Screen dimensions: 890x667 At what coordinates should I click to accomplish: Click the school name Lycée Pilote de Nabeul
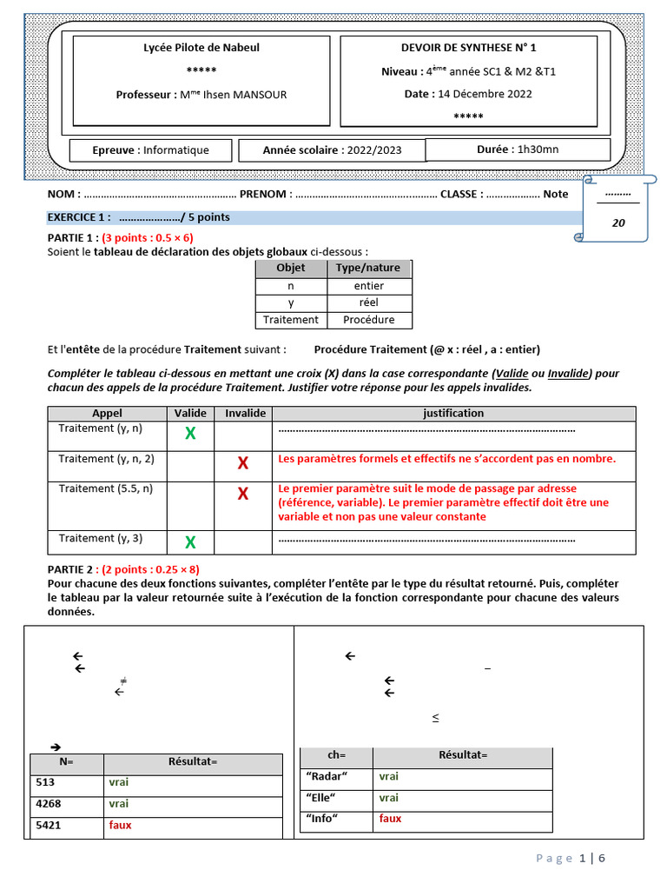(x=201, y=48)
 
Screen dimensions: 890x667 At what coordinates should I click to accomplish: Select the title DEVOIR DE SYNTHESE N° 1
(x=480, y=48)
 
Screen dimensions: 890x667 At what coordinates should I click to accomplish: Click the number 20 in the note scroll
(x=618, y=222)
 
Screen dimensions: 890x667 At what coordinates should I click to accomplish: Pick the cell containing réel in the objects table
(x=368, y=302)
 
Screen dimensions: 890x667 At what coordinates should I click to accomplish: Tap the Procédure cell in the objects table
(x=368, y=320)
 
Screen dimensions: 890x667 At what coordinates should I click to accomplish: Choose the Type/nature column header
(x=368, y=269)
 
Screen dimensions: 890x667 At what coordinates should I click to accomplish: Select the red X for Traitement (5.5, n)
(x=243, y=495)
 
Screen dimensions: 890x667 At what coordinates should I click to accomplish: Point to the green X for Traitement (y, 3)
(x=190, y=543)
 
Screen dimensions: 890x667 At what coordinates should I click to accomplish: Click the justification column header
(x=453, y=414)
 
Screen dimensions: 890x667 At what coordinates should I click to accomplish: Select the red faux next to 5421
(x=120, y=825)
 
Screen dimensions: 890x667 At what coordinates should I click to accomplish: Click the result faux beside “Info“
(x=390, y=819)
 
